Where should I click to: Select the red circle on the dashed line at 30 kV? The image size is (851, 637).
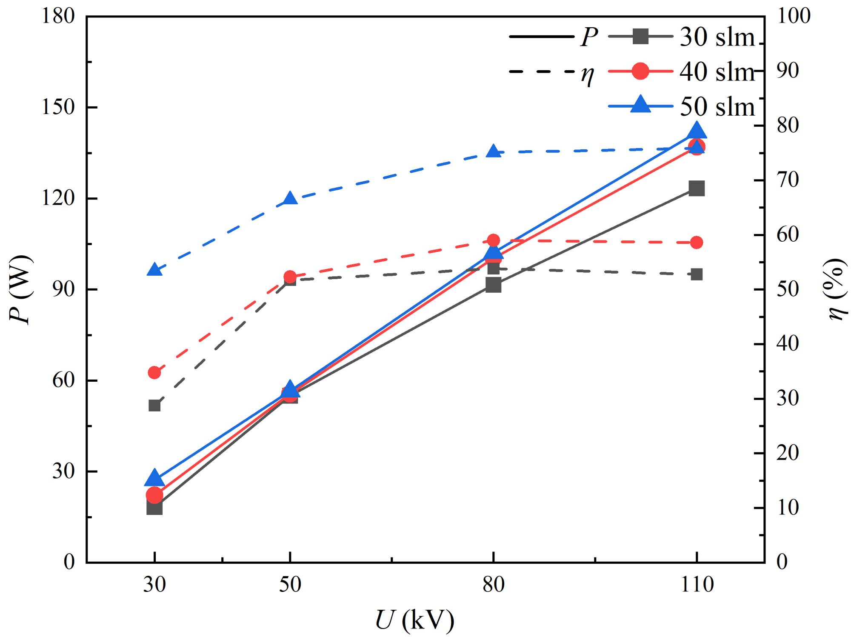(x=154, y=373)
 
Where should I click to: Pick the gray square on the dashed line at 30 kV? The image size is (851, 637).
(x=154, y=406)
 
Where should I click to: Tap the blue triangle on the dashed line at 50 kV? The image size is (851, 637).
(x=290, y=199)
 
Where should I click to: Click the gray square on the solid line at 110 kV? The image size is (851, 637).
(x=697, y=188)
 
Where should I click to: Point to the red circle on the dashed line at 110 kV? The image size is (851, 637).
(x=697, y=243)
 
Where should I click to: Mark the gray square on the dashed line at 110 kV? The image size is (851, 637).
(x=697, y=274)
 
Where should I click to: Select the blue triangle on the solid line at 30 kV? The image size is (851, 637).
(x=154, y=479)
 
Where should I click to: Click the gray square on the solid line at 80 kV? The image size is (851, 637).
(x=494, y=285)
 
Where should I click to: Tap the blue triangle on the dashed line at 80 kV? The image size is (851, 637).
(x=494, y=151)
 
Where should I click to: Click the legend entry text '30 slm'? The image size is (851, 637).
(x=717, y=37)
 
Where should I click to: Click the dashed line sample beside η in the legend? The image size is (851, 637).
(x=541, y=71)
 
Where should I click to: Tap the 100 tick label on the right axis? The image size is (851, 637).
(x=794, y=17)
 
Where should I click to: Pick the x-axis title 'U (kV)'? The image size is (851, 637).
(x=415, y=621)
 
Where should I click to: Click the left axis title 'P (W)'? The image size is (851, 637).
(x=20, y=289)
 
